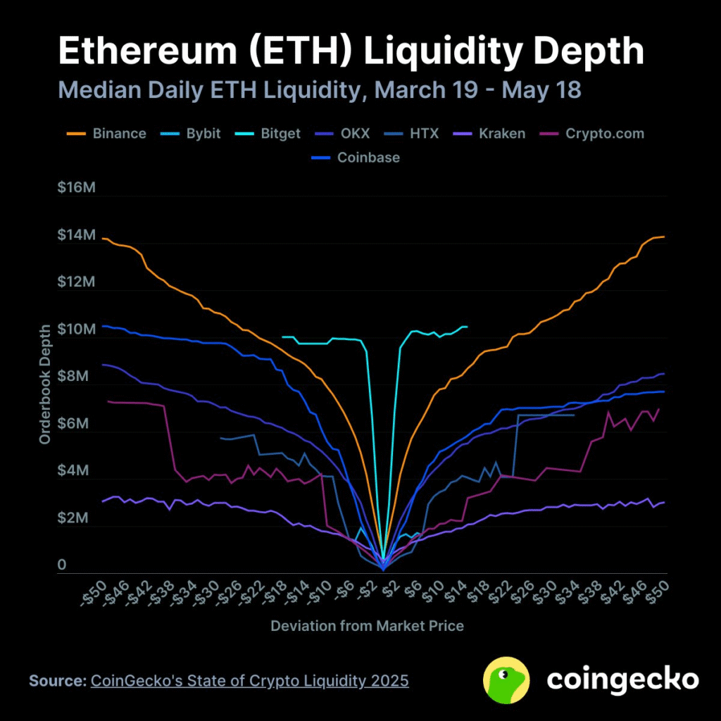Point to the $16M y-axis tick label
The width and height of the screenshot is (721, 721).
pyautogui.click(x=76, y=188)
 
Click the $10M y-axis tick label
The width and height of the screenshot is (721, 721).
pyautogui.click(x=76, y=330)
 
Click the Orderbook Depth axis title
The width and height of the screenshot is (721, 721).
pyautogui.click(x=45, y=384)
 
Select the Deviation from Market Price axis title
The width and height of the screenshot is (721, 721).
pyautogui.click(x=367, y=625)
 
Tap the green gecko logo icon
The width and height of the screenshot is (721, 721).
pyautogui.click(x=506, y=679)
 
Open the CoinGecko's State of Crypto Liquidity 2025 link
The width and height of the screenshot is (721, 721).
pyautogui.click(x=249, y=682)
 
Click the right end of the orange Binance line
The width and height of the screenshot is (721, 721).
pyautogui.click(x=663, y=237)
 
